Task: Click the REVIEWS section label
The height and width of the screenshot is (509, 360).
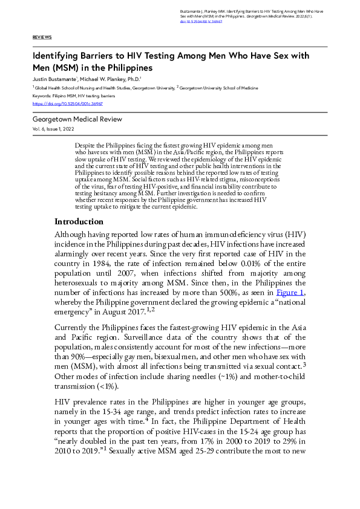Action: [x=42, y=37]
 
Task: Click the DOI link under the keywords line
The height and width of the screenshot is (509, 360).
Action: [x=59, y=104]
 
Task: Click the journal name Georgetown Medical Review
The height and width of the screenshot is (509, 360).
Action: [x=77, y=120]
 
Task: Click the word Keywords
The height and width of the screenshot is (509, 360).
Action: [x=41, y=96]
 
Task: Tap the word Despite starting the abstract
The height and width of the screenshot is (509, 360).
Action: [x=85, y=147]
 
